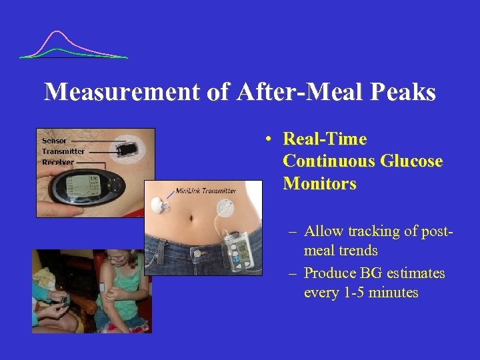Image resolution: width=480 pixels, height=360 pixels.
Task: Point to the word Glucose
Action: click(411, 161)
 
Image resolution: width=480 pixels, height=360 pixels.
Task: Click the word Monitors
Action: click(319, 183)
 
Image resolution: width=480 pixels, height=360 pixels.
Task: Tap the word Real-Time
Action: click(325, 139)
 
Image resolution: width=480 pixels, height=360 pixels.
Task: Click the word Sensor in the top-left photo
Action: click(55, 141)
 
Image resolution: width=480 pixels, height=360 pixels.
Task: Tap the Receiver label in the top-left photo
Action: click(58, 162)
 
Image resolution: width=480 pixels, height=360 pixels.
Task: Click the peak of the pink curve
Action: click(59, 31)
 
